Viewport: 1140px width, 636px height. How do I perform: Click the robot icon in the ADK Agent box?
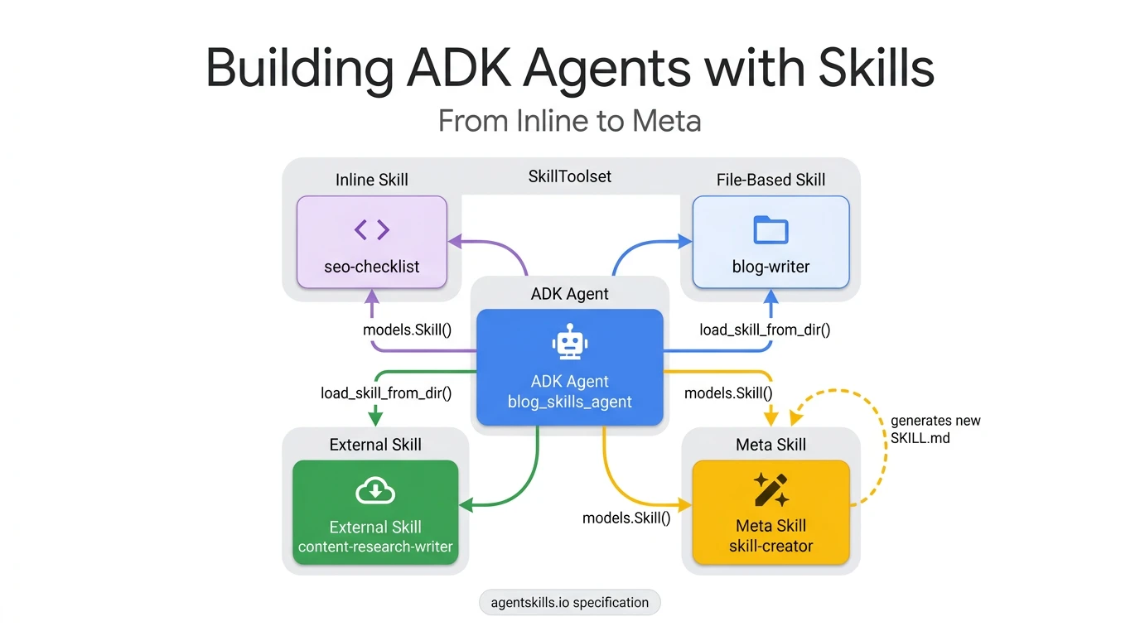(x=569, y=342)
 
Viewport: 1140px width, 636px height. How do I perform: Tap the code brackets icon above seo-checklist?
(x=372, y=229)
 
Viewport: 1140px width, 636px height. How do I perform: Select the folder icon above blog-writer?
(x=770, y=229)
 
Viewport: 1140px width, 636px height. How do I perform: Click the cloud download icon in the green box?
(x=375, y=492)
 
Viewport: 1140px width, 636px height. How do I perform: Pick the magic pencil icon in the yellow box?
(x=770, y=489)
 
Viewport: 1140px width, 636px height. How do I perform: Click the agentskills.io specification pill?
(x=570, y=602)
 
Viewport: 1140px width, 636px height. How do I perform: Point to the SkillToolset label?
(x=570, y=176)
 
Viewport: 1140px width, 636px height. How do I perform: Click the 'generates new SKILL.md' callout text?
(x=935, y=429)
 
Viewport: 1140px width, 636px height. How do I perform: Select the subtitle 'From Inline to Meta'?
(x=570, y=121)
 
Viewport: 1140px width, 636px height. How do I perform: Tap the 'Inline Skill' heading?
(x=372, y=180)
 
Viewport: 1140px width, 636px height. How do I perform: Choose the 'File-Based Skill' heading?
(x=770, y=180)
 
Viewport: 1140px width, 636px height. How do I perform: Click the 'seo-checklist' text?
(x=372, y=267)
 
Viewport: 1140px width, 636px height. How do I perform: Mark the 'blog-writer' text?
(x=770, y=267)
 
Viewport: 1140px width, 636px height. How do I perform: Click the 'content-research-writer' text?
(x=375, y=547)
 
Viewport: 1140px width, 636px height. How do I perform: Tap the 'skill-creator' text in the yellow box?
(x=770, y=547)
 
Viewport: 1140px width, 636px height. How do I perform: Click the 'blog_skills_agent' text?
(x=569, y=402)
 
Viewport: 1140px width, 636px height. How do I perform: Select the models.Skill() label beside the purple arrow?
(x=407, y=330)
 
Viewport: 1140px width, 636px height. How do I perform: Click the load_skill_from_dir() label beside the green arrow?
(x=386, y=393)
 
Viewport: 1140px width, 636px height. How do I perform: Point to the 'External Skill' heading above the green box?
(x=375, y=445)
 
